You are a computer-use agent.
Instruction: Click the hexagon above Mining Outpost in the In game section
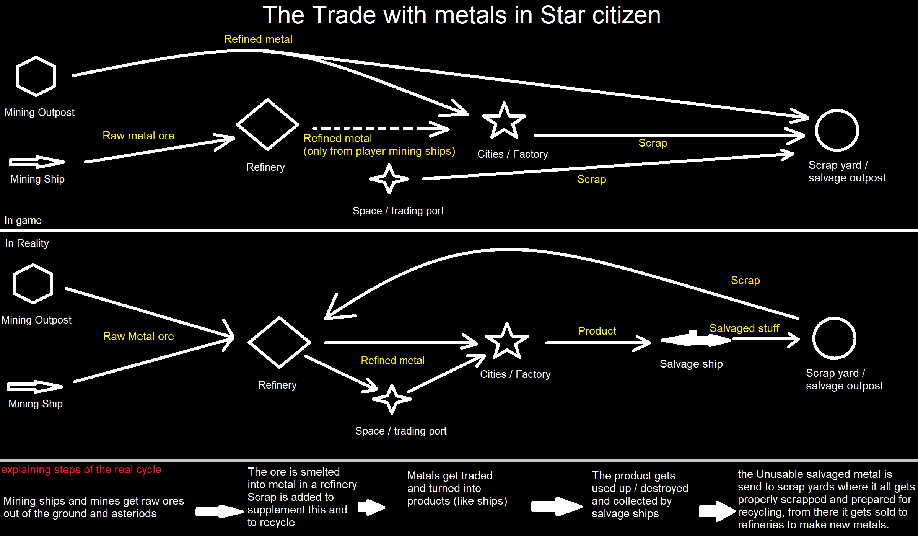(x=36, y=76)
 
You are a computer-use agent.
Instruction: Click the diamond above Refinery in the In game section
(x=267, y=125)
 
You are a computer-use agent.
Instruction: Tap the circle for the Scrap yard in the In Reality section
(x=834, y=338)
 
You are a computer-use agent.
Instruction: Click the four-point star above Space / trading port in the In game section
(x=389, y=179)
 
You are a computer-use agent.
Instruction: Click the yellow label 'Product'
(x=597, y=331)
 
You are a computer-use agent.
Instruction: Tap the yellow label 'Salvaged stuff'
(x=744, y=328)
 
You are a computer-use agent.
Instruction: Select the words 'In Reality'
(x=27, y=243)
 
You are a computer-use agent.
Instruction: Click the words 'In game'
(x=23, y=221)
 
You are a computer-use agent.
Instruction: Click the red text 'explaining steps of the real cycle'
(x=81, y=470)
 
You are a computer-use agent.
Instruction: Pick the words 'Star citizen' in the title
(x=600, y=15)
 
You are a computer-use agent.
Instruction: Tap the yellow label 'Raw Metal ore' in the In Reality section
(x=138, y=336)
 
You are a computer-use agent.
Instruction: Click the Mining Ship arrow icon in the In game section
(x=37, y=162)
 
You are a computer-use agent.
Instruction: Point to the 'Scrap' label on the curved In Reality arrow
(x=745, y=280)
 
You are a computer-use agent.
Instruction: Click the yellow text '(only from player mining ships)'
(x=379, y=151)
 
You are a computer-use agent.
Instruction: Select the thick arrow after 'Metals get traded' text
(x=557, y=507)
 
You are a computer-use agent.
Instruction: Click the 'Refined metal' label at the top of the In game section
(x=258, y=39)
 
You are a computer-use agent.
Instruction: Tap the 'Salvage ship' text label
(x=691, y=364)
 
